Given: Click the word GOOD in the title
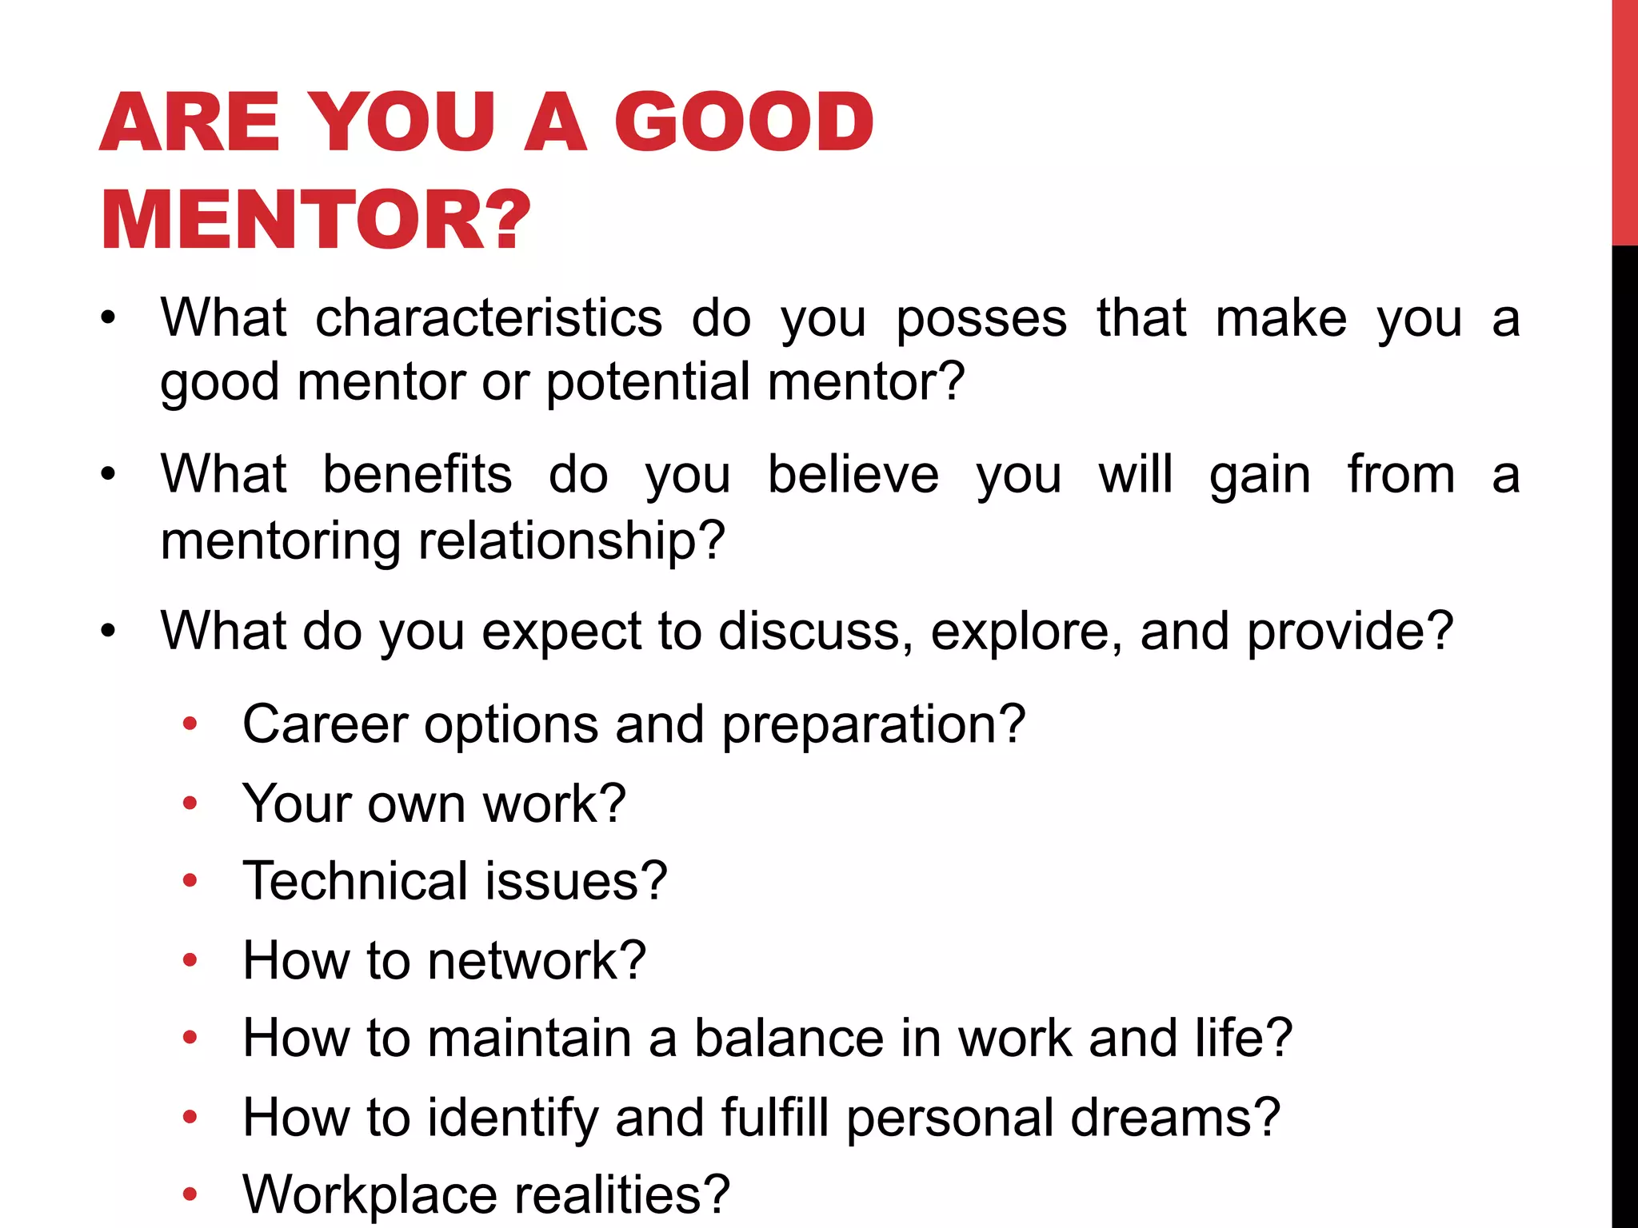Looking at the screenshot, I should click(744, 122).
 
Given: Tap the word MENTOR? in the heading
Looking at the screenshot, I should click(316, 220).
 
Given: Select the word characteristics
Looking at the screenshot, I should click(489, 318).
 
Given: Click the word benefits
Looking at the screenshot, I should click(417, 475).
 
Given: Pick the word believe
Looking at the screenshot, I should click(853, 475).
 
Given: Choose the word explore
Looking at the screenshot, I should click(1027, 632).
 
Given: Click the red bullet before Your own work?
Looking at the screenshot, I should click(190, 802).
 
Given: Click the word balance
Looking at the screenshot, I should click(789, 1038).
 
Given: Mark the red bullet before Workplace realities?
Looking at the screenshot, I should click(190, 1194).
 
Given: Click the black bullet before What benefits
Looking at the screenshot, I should click(108, 475).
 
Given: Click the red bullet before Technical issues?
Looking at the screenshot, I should click(190, 880).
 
